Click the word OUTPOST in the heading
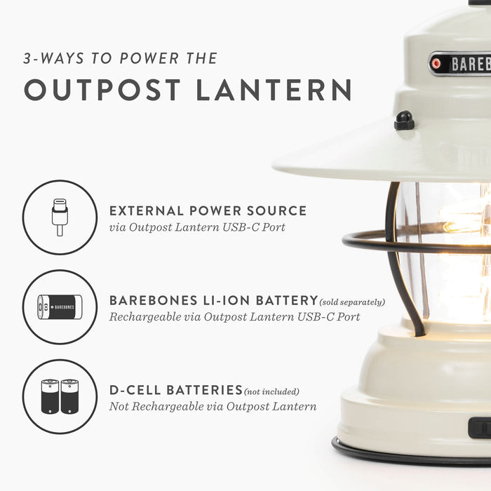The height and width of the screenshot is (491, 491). click(102, 90)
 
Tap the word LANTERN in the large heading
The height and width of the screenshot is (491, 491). click(274, 90)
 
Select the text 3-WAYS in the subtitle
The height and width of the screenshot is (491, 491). click(54, 58)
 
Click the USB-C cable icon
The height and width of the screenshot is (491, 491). click(60, 217)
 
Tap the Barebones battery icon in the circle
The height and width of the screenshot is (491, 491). click(60, 307)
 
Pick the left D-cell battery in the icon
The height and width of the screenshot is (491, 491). click(50, 396)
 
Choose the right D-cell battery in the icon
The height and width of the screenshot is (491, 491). click(70, 396)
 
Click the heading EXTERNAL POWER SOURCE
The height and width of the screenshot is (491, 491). click(208, 210)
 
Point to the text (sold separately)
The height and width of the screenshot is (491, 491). click(352, 302)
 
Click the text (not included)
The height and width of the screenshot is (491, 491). click(271, 391)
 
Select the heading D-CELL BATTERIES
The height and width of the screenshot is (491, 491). click(176, 390)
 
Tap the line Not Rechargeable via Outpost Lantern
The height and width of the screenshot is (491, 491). click(213, 406)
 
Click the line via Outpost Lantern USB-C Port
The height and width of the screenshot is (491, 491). click(197, 227)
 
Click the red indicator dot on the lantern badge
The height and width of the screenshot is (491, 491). click(436, 64)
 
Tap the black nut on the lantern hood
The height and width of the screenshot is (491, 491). click(404, 121)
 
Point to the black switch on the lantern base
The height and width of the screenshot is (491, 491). click(480, 427)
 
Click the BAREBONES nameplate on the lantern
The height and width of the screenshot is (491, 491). click(459, 64)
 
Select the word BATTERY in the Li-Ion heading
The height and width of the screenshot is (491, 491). click(287, 301)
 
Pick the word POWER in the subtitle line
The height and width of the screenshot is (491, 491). click(149, 58)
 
